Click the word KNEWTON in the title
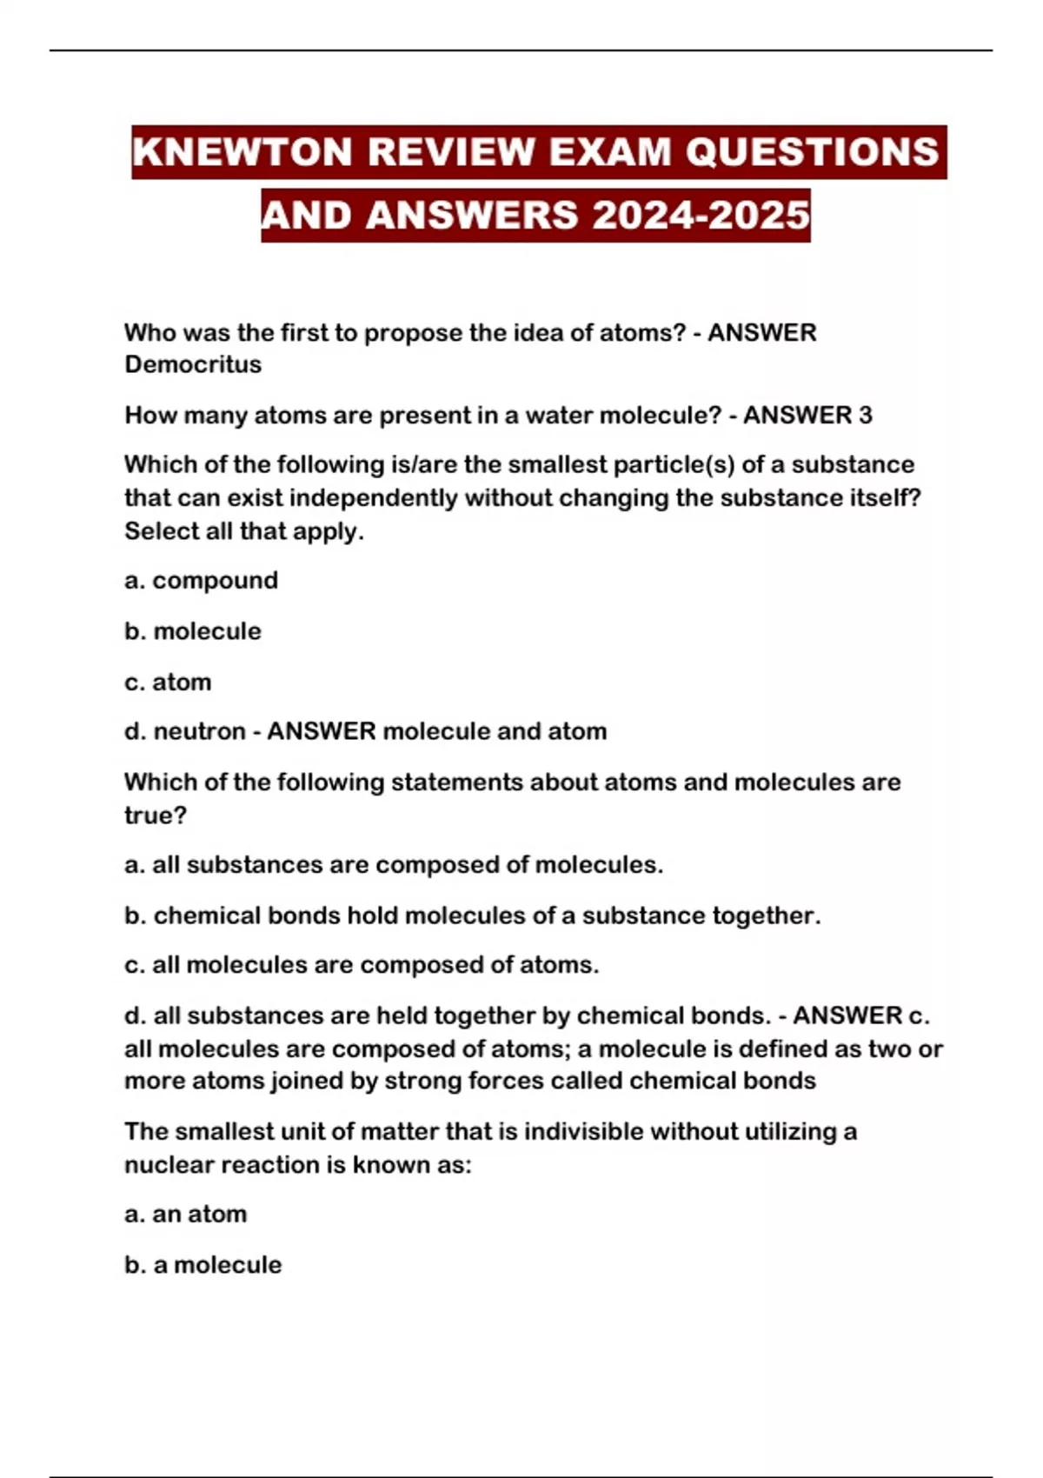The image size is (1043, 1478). pyautogui.click(x=242, y=152)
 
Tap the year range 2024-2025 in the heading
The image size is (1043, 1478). pyautogui.click(x=701, y=216)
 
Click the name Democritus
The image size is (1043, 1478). pyautogui.click(x=193, y=364)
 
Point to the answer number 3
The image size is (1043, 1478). pyautogui.click(x=865, y=415)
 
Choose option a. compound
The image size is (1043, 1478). pyautogui.click(x=201, y=580)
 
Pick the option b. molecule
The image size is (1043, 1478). pyautogui.click(x=192, y=630)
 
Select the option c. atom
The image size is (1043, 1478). pyautogui.click(x=168, y=682)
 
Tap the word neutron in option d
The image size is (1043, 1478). pyautogui.click(x=199, y=731)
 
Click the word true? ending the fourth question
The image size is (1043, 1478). pyautogui.click(x=156, y=816)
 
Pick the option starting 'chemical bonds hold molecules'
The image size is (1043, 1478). pyautogui.click(x=472, y=915)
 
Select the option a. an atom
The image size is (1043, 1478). pyautogui.click(x=185, y=1214)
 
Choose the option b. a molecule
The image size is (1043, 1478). pyautogui.click(x=203, y=1264)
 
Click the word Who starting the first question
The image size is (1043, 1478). pyautogui.click(x=150, y=332)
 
